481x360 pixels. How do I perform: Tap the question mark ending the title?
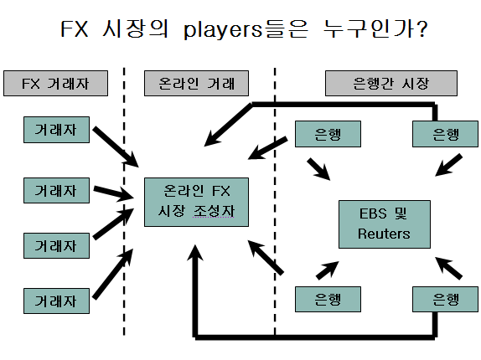[422, 28]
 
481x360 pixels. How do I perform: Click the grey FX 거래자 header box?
[55, 84]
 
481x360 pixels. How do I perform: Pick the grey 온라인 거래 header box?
[196, 84]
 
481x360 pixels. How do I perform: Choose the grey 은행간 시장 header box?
[391, 84]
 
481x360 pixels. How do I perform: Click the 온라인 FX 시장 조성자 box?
[196, 202]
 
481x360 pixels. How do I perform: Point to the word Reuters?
[384, 234]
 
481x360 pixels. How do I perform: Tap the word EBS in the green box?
[373, 213]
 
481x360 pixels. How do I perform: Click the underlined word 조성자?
[214, 210]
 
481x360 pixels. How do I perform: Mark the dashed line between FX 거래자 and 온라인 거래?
[124, 202]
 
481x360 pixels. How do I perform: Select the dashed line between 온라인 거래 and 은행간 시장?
[275, 202]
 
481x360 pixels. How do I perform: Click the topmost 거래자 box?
[56, 130]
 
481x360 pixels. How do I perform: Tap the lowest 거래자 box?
[56, 301]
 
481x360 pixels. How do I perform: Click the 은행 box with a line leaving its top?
[445, 134]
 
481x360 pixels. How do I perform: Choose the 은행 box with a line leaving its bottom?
[445, 300]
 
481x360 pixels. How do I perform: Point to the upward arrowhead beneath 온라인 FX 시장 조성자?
[195, 253]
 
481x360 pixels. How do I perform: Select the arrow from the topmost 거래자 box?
[116, 147]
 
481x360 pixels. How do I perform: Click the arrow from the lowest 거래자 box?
[113, 273]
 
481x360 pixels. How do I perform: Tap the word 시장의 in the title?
[135, 28]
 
